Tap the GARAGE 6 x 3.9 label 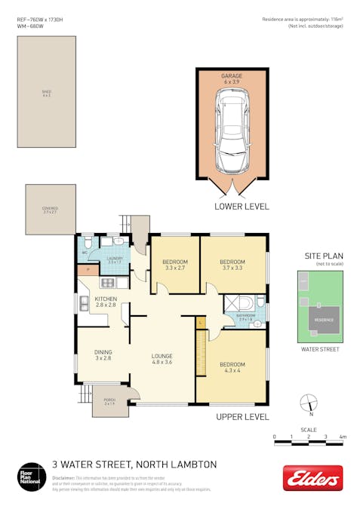point(231,79)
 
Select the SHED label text point(47,93)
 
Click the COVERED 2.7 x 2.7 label point(50,210)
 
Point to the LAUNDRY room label point(115,260)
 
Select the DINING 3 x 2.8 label point(102,354)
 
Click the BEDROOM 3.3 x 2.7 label point(174,264)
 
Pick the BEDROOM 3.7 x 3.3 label point(232,264)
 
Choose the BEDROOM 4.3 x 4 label point(232,366)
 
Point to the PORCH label point(109,402)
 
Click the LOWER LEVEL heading point(242,206)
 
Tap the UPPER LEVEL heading point(242,416)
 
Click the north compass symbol point(309,403)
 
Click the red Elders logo point(312,478)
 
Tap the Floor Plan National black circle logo point(32,477)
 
